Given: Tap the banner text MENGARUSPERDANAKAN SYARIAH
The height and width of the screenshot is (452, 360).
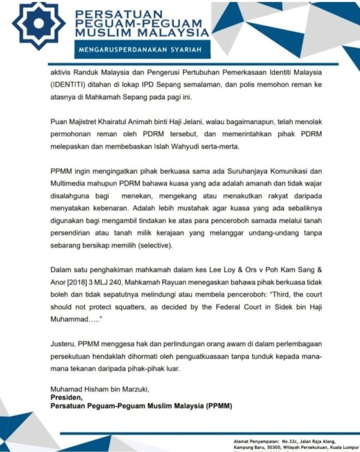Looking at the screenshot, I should tap(140, 50).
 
